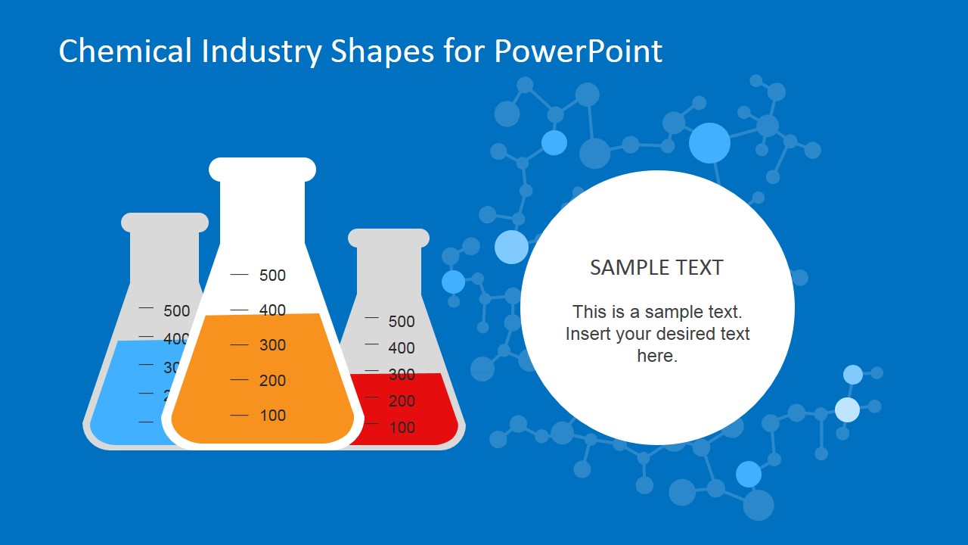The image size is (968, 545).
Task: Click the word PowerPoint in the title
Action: (x=578, y=51)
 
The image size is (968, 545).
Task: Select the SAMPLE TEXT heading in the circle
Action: (x=656, y=267)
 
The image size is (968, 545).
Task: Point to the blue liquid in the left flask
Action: (x=129, y=394)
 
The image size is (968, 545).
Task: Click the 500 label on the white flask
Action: (x=272, y=276)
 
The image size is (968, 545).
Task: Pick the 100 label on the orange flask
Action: (x=272, y=415)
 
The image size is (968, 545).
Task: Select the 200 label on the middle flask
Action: (x=272, y=381)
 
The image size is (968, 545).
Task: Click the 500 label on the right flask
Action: (x=402, y=322)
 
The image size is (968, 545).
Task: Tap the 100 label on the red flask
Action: (x=402, y=428)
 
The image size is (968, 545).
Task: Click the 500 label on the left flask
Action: (x=176, y=310)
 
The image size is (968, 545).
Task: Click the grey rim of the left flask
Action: (x=165, y=223)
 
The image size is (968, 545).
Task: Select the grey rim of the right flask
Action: (x=389, y=238)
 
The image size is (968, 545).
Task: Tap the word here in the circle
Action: (x=656, y=356)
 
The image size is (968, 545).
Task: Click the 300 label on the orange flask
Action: (x=272, y=345)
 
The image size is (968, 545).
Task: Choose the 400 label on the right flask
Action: (x=402, y=348)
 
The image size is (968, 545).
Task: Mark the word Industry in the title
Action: (x=262, y=51)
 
